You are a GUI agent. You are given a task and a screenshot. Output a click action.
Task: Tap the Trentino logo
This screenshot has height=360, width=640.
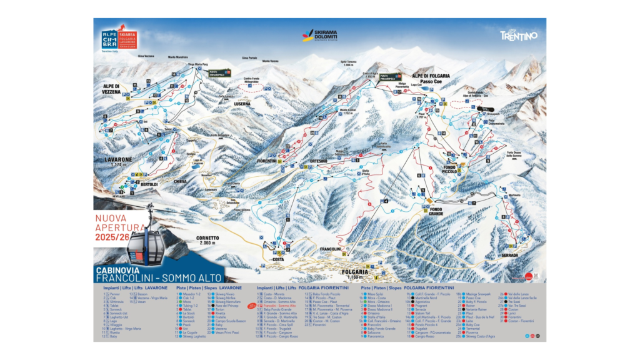tap(518, 36)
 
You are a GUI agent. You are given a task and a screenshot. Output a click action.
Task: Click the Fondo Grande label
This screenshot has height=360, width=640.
tap(436, 211)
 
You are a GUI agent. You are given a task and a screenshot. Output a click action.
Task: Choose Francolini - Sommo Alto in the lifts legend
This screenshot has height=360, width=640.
tap(279, 306)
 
